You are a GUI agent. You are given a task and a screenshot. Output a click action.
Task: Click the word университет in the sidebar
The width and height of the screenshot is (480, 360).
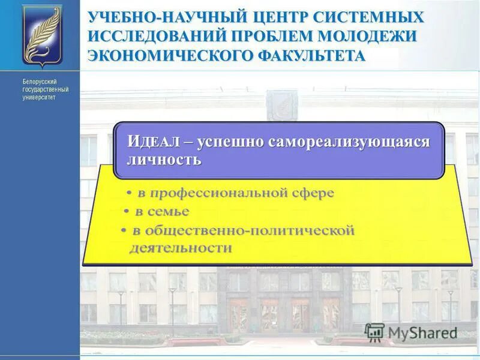39,97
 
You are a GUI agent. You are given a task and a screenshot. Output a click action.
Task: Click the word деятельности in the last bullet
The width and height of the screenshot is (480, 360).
180,248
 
